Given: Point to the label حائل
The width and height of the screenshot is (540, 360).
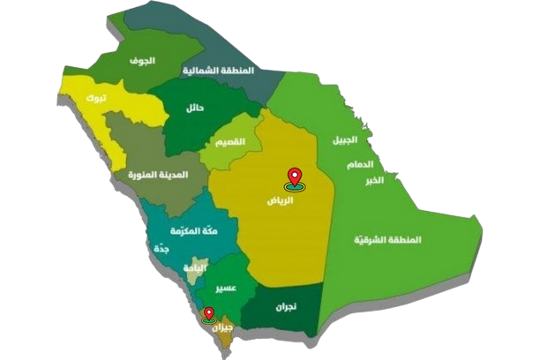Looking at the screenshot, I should [195, 109].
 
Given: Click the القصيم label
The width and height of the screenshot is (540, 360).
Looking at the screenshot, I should [229, 143].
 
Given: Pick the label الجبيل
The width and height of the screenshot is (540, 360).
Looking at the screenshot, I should [345, 143].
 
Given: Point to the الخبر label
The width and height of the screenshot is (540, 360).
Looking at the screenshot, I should [375, 180].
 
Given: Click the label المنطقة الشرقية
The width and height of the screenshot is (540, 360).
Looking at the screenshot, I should [388, 239].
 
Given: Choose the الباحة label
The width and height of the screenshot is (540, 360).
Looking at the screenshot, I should [194, 266].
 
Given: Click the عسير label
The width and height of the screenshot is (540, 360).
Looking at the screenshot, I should [222, 288].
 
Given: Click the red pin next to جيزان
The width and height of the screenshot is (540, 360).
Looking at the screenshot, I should [208, 314].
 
